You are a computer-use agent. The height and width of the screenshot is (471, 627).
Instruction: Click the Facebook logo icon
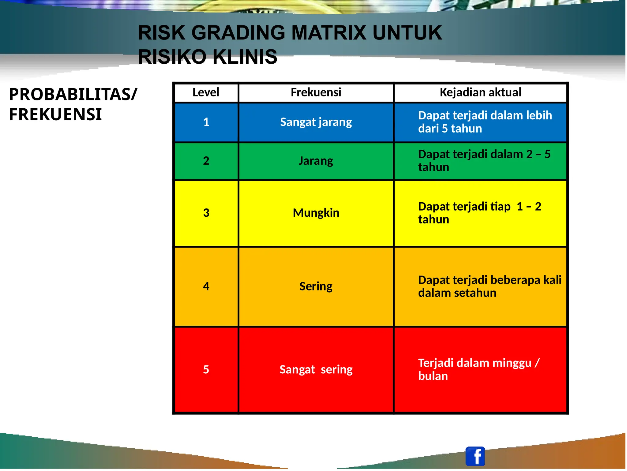click(475, 456)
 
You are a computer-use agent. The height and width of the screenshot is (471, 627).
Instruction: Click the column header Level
click(206, 92)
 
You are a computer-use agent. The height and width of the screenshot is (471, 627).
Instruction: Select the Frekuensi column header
click(316, 92)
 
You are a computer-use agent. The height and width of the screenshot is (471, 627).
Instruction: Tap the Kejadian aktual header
click(480, 92)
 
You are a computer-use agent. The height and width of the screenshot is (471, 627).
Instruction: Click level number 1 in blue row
click(206, 122)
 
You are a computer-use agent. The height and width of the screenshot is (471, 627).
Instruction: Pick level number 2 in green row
click(206, 161)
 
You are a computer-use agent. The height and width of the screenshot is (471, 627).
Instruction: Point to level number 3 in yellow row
click(206, 213)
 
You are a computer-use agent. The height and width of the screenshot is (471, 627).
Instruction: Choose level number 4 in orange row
click(206, 286)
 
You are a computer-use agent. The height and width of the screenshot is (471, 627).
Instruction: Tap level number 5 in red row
click(206, 370)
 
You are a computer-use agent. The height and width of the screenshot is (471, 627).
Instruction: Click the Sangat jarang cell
click(316, 122)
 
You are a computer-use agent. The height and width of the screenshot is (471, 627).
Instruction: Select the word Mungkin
click(316, 213)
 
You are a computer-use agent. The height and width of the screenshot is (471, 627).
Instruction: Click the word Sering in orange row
click(316, 286)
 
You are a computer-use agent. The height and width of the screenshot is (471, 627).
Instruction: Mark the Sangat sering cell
click(316, 370)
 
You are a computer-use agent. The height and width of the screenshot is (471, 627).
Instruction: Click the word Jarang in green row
click(316, 161)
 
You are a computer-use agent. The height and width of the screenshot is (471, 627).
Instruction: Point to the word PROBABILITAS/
click(73, 95)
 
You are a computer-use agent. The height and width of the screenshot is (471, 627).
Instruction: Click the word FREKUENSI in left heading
click(55, 114)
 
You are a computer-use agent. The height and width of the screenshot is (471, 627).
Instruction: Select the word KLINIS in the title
click(245, 57)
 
